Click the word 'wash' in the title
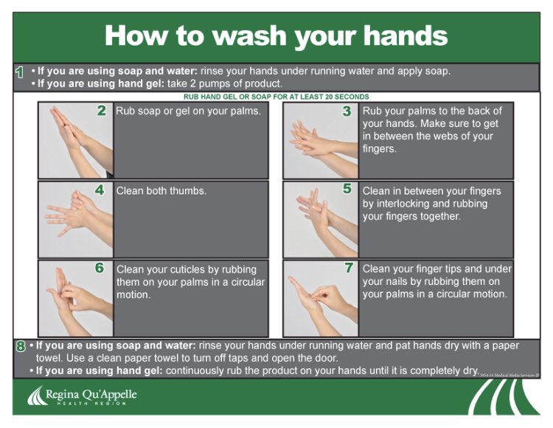pyautogui.click(x=249, y=36)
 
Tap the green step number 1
pyautogui.click(x=20, y=72)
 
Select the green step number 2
pyautogui.click(x=102, y=111)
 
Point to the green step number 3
pyautogui.click(x=347, y=111)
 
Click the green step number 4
pyautogui.click(x=100, y=190)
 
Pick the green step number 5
pyautogui.click(x=347, y=188)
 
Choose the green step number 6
pyautogui.click(x=100, y=268)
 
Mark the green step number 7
pyautogui.click(x=349, y=268)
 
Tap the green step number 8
pyautogui.click(x=21, y=346)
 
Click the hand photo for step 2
pyautogui.click(x=76, y=140)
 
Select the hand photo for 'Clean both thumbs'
pyautogui.click(x=76, y=219)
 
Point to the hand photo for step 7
pyautogui.click(x=321, y=299)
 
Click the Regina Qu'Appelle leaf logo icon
pyautogui.click(x=37, y=396)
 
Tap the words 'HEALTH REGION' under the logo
pyautogui.click(x=91, y=404)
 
